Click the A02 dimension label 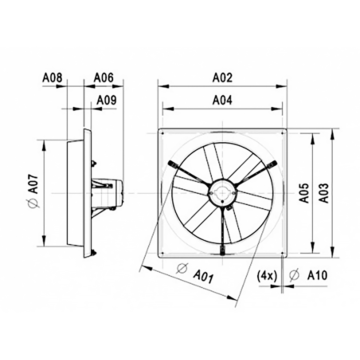click(x=222, y=78)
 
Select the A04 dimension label click(x=222, y=100)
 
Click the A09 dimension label click(x=106, y=100)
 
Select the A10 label click(x=317, y=276)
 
